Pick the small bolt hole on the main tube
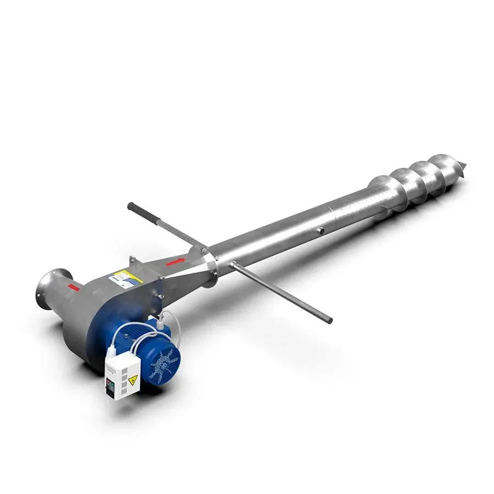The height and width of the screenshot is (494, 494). click(320, 231)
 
